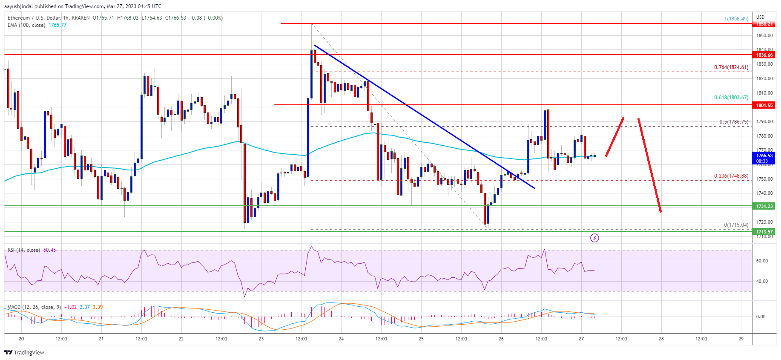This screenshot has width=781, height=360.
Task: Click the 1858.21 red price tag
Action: point(764,24)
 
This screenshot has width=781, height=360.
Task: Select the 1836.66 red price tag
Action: point(764,55)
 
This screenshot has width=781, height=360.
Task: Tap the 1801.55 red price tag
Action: point(764,105)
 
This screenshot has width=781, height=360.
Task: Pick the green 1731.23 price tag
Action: point(764,206)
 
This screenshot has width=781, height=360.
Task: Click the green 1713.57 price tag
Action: point(764,232)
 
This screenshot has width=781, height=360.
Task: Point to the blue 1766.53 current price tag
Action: point(764,158)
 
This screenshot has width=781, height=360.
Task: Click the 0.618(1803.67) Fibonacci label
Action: point(731,98)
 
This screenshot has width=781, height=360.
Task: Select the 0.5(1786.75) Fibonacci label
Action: point(733,122)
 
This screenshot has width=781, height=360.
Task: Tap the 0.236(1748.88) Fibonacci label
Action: point(731,176)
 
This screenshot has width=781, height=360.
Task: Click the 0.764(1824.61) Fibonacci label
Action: point(731,67)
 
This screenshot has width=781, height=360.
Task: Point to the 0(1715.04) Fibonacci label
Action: point(736,225)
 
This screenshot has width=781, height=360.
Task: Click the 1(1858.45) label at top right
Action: point(736,19)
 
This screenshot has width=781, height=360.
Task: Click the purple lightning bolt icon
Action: point(594,238)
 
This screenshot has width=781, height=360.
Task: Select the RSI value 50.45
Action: point(49,250)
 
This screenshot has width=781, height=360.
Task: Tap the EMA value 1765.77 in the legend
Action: point(57,25)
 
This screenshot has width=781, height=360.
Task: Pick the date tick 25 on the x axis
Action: point(421,339)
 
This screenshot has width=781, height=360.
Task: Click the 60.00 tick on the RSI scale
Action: point(761,261)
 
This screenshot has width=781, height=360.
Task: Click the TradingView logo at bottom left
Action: point(24,353)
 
